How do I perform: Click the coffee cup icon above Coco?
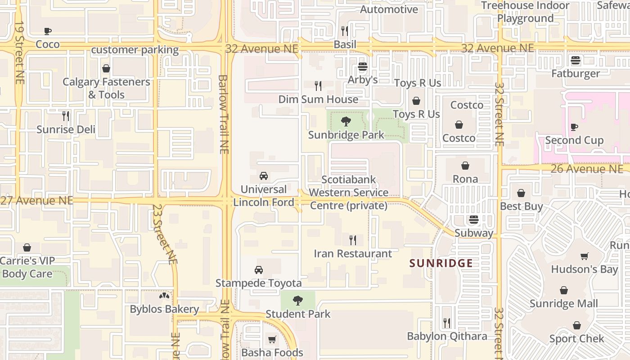coord(48,31)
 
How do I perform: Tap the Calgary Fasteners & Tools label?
coord(106,88)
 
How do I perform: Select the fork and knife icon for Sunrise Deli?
coord(66,116)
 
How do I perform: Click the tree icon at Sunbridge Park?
coord(346,121)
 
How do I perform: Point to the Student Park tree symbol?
coord(297,300)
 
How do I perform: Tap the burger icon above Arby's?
coord(363,67)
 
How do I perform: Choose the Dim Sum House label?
coord(318,99)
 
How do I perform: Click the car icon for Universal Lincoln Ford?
coord(264,175)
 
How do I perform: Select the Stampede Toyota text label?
coord(258,283)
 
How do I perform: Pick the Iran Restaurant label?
coord(353,253)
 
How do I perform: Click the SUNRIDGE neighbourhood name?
coord(441,263)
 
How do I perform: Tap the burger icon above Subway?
coord(473,220)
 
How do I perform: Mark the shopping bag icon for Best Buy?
coord(521,193)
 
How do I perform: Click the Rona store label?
coord(465,179)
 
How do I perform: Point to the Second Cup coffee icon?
coord(574,127)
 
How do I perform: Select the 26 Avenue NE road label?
coord(587,169)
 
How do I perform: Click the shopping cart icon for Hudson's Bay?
coord(584,256)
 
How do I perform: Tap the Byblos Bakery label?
coord(164,309)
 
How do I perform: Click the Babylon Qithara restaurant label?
coord(447,336)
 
